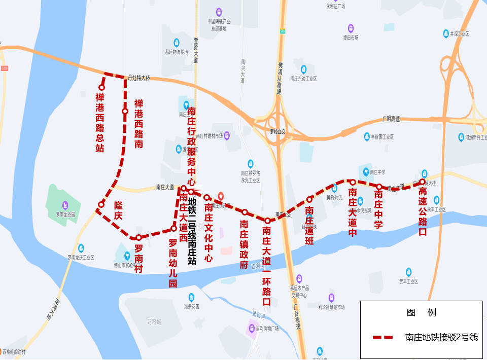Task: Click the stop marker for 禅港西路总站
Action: coord(101,88)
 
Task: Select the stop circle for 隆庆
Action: coord(101,205)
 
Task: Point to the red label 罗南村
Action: coord(138,259)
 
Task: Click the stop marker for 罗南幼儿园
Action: coord(173,229)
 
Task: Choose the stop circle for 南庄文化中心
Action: coord(207,198)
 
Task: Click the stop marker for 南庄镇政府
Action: coord(245,212)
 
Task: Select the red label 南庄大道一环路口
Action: coord(267,266)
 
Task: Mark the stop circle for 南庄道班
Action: coord(309,199)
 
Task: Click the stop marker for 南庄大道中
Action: coord(353,182)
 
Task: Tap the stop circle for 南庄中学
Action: coord(379,187)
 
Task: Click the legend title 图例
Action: coord(421,313)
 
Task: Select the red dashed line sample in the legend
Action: coord(383,337)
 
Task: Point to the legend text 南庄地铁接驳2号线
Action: coord(441,337)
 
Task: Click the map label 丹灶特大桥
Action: coord(139,78)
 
